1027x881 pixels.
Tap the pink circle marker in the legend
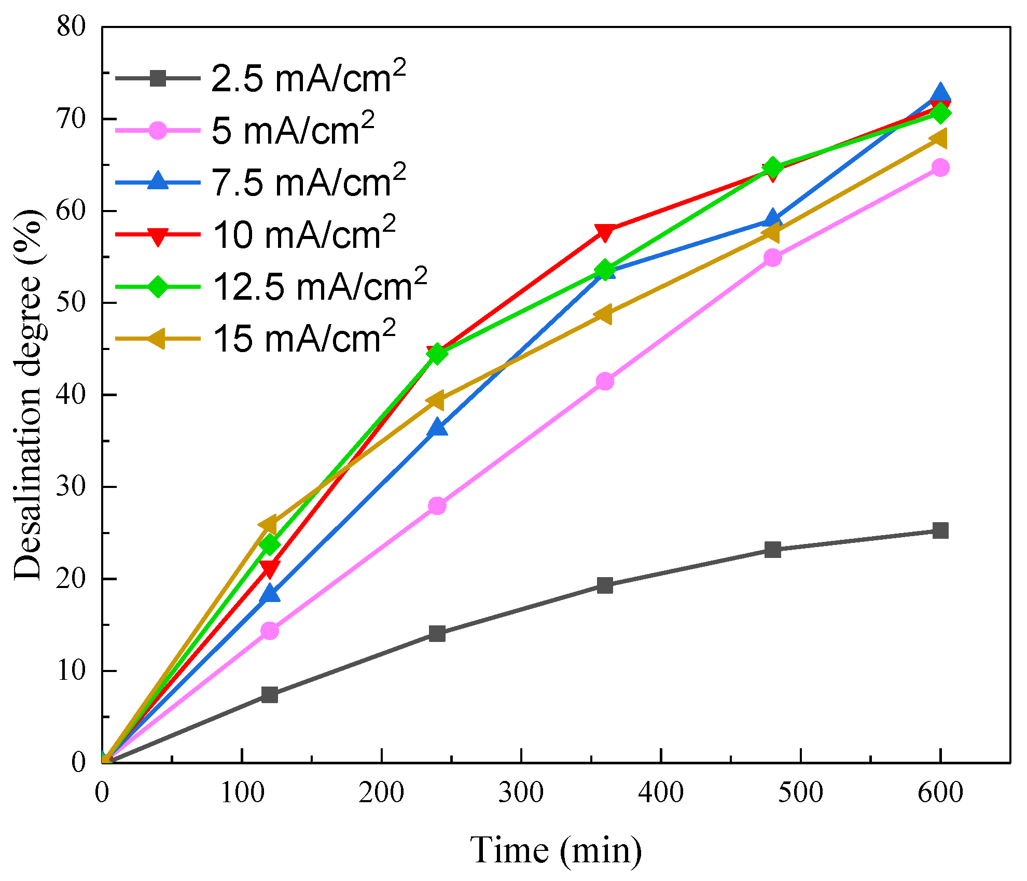[x=158, y=131]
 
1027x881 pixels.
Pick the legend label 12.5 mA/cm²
[x=320, y=286]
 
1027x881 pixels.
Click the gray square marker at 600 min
[x=940, y=530]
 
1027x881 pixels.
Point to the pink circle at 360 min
[x=605, y=381]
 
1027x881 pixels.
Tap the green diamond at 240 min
[x=437, y=354]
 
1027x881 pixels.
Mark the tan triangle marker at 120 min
[x=269, y=525]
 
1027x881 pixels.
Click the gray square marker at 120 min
[x=270, y=694]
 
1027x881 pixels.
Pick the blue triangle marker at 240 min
[x=437, y=428]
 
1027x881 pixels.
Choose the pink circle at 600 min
[x=940, y=167]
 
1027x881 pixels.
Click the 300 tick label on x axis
[x=521, y=793]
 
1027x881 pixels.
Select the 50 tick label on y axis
[x=71, y=303]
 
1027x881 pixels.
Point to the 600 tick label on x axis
[x=940, y=793]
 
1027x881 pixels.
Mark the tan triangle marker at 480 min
[x=772, y=233]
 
